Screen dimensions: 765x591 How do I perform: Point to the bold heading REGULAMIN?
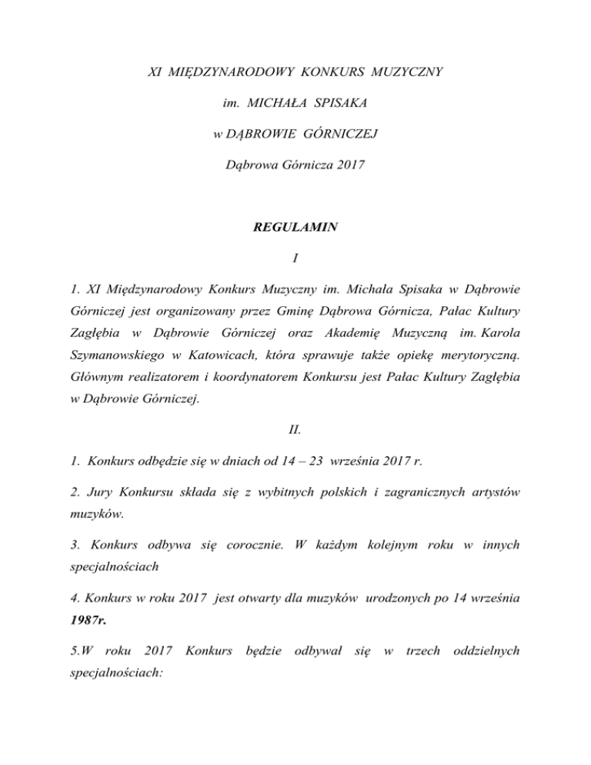pyautogui.click(x=295, y=229)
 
